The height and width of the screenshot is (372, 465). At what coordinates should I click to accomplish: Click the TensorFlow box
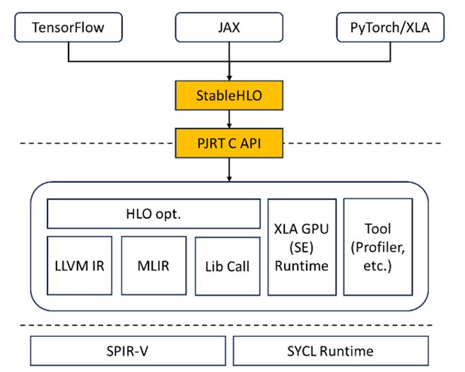(x=68, y=28)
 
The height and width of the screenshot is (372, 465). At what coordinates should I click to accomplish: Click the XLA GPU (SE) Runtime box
(x=300, y=246)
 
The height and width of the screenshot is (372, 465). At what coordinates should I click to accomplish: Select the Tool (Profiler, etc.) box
(x=377, y=246)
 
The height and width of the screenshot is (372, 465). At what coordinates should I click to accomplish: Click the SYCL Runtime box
(x=330, y=350)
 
